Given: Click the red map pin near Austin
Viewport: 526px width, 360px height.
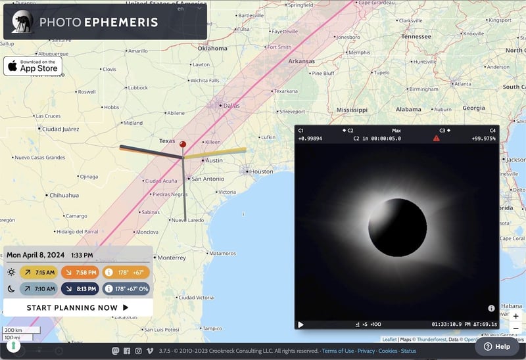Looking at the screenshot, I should point(183,144).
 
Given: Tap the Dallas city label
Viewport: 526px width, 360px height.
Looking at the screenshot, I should point(231,105).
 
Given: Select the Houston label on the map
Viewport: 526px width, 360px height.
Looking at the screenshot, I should point(261,171).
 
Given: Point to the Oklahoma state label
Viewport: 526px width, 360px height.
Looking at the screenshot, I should point(212,48).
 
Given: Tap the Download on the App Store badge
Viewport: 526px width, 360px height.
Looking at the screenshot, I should point(33,66).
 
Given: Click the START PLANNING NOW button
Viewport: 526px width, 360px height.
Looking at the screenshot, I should point(78,307).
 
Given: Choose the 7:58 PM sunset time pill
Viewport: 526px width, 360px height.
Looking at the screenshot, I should point(79,272).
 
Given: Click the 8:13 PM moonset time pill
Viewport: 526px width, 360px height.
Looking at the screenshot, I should point(80,288).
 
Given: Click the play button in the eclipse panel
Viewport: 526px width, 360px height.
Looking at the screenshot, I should point(301,324).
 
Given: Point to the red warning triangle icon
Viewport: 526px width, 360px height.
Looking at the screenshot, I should point(436,139).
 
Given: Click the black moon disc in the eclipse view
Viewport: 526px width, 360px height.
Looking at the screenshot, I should point(397,228).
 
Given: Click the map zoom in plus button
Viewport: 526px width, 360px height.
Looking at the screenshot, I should point(515,316).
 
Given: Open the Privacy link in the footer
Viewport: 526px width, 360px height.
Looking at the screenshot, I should point(366,351).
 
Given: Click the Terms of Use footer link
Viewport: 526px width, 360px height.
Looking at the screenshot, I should point(338,351).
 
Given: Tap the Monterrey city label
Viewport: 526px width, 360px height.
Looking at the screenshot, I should point(172,258).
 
